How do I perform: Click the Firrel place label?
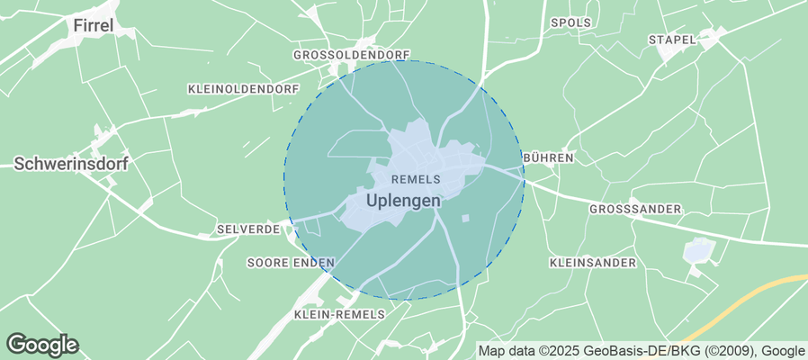[x=93, y=25]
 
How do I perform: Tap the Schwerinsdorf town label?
[x=70, y=164]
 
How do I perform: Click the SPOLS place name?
[x=570, y=22]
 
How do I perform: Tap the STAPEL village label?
[x=672, y=40]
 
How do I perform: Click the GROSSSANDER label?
[x=635, y=209]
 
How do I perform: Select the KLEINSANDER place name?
[x=592, y=263]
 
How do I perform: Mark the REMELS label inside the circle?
[x=416, y=180]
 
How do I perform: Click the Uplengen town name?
[x=404, y=201]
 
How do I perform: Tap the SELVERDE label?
[x=248, y=230]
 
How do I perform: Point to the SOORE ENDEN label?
[x=291, y=263]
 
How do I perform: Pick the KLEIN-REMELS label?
[x=339, y=314]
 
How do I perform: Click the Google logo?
[x=42, y=344]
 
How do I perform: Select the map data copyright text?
[x=641, y=351]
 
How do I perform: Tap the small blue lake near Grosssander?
[x=696, y=251]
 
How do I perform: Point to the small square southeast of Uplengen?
[x=465, y=219]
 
